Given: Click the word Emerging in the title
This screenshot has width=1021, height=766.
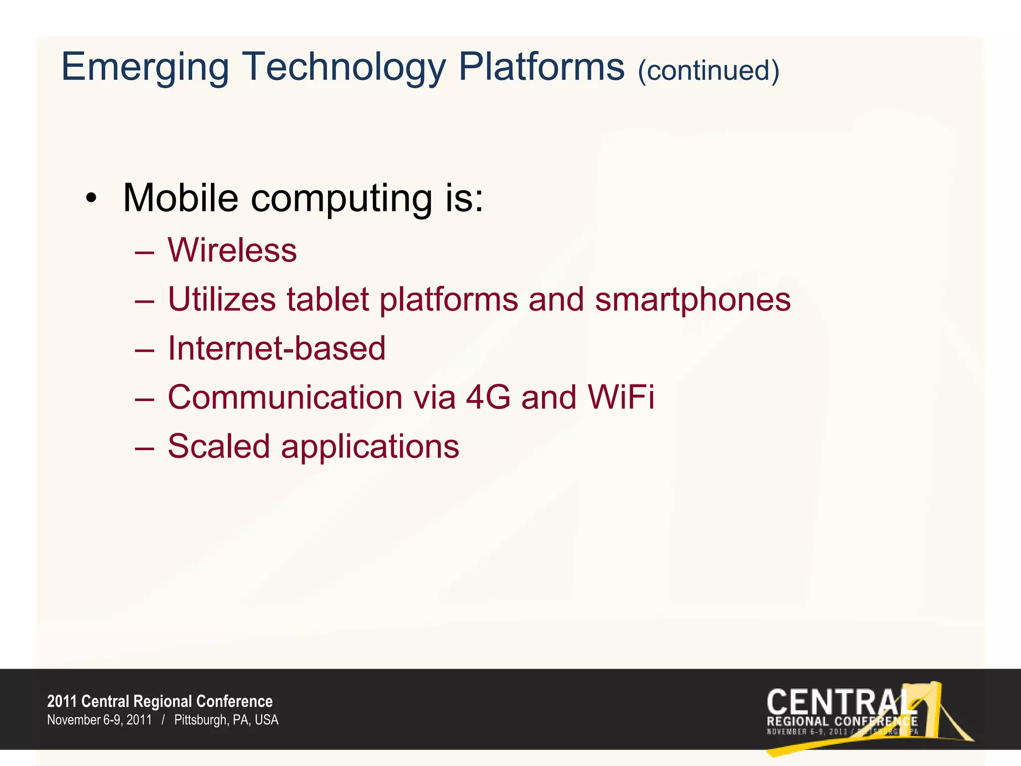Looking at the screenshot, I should [145, 67].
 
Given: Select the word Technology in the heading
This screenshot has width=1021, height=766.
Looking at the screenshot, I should [344, 67].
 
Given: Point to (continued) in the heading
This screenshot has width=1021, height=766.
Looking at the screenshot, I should [708, 70].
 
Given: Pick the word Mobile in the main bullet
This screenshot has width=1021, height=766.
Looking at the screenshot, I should [180, 198].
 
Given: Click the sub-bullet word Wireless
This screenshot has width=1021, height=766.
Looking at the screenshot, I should [232, 250].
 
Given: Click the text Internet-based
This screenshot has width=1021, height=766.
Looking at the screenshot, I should [277, 348].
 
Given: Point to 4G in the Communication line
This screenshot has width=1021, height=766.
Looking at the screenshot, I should [488, 397].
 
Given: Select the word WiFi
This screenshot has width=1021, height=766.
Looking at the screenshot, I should [621, 397].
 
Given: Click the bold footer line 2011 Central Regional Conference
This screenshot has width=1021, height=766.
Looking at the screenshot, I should [160, 701].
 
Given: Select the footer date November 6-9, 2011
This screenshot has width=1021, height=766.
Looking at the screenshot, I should [99, 720].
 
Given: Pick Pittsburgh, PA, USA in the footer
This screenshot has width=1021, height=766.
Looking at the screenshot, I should [226, 720].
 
